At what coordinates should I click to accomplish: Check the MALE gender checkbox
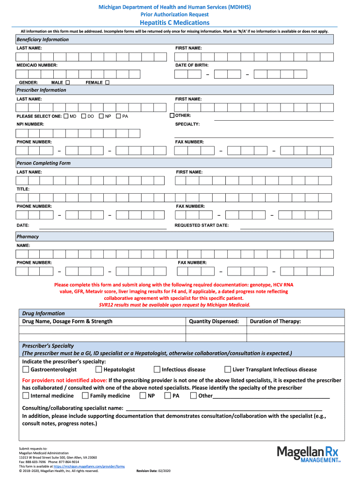[67, 82]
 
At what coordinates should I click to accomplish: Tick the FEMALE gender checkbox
[107, 82]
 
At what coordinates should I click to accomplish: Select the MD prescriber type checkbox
[66, 116]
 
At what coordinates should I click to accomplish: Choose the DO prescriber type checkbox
[84, 116]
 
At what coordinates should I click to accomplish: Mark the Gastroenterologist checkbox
[26, 370]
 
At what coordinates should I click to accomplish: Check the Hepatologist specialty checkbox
[99, 370]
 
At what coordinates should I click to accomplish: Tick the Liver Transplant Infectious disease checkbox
[228, 370]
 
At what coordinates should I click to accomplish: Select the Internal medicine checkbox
[26, 396]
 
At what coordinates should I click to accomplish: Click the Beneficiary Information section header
[43, 40]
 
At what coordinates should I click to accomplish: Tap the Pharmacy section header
[28, 237]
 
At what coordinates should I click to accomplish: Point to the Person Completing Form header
[43, 163]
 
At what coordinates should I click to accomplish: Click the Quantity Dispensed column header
[214, 321]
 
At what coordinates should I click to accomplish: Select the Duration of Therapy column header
[275, 321]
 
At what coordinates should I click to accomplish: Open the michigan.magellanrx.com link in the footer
[89, 466]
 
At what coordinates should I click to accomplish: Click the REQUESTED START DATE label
[202, 225]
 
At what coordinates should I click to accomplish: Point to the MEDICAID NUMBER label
[37, 65]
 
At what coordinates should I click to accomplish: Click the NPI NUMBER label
[30, 124]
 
